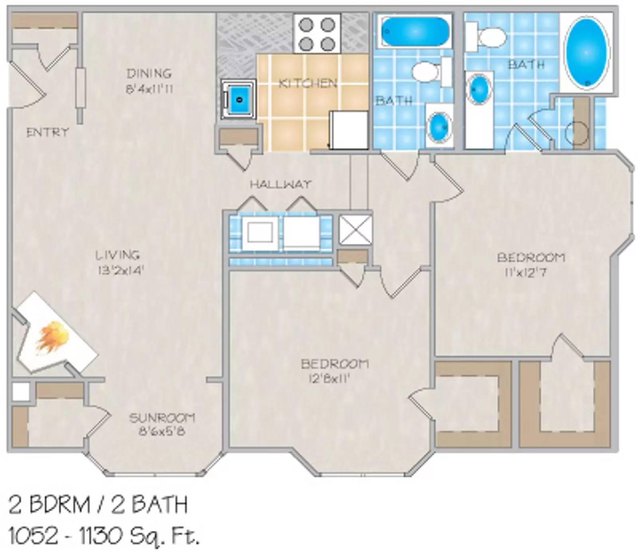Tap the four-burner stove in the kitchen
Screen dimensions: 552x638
(317, 34)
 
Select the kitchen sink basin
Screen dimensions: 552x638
(238, 99)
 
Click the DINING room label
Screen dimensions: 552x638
(149, 73)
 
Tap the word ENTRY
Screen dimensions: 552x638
(47, 132)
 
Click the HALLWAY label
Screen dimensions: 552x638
(280, 184)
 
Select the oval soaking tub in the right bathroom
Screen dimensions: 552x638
(587, 52)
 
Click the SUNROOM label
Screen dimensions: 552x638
(162, 418)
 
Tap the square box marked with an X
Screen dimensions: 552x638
(355, 229)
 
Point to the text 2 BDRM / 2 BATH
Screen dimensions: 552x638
(98, 505)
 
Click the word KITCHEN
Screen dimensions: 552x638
(307, 84)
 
